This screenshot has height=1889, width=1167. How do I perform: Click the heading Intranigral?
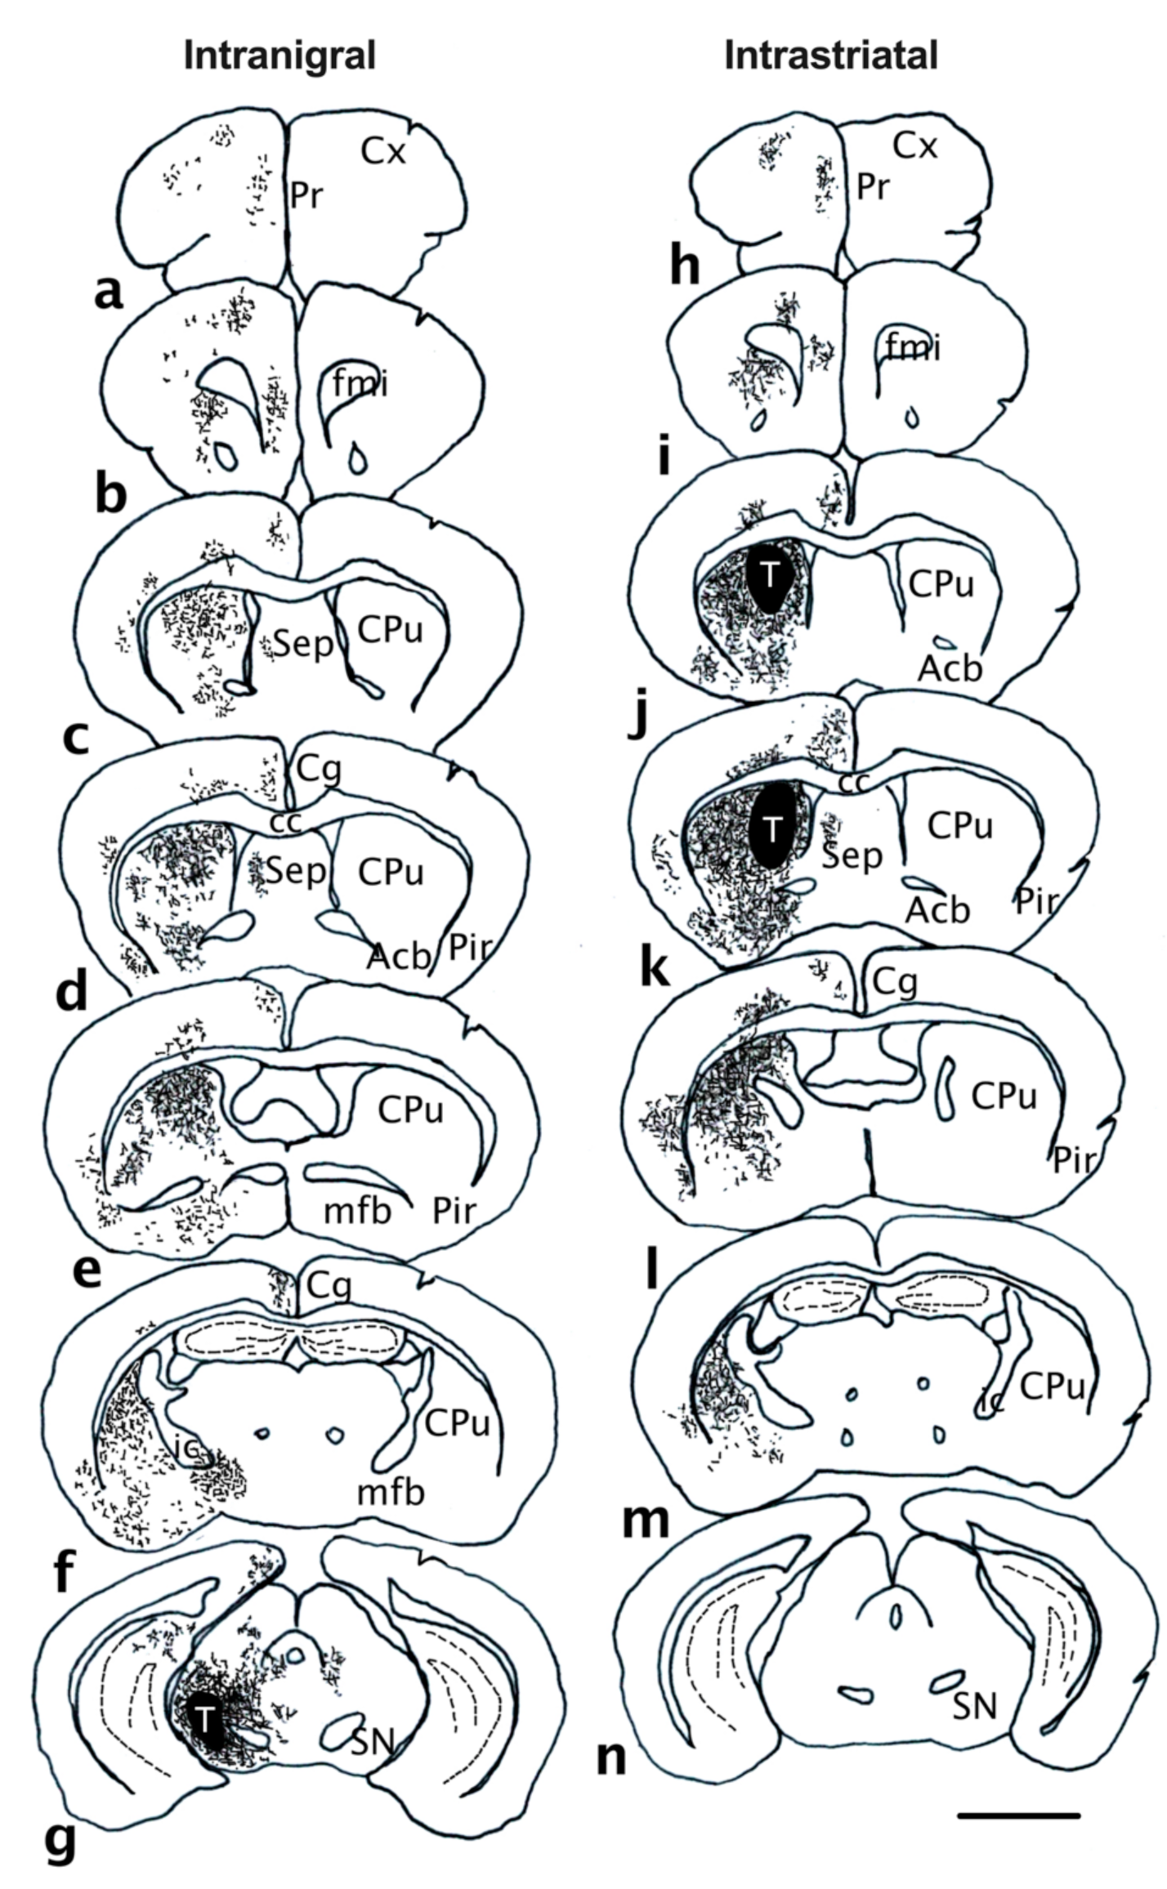tap(279, 56)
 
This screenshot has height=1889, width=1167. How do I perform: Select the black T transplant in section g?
tap(204, 1722)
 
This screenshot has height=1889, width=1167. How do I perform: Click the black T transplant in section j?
tap(770, 574)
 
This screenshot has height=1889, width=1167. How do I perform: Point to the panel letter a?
tap(108, 292)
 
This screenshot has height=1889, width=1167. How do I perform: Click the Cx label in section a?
tap(384, 150)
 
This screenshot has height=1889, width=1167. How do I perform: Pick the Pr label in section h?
tap(872, 188)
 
